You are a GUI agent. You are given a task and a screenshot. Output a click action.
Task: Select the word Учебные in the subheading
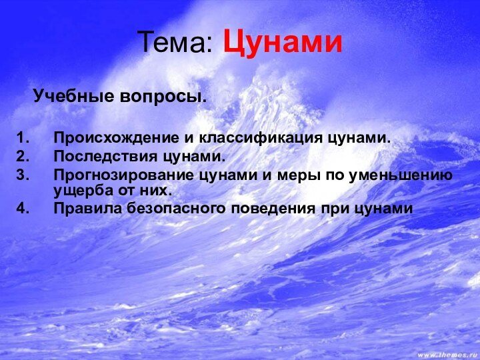[x=74, y=96]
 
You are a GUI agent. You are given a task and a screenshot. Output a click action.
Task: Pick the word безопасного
[x=171, y=209]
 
